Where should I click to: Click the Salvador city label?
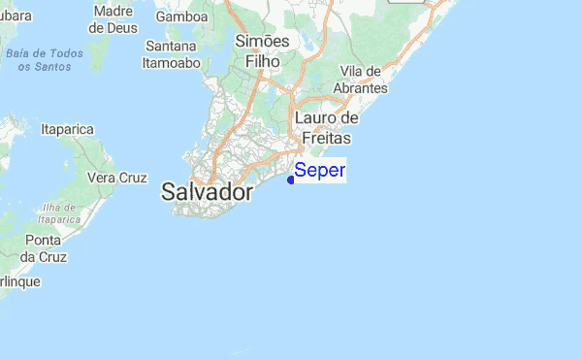207,191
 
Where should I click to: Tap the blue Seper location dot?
291,179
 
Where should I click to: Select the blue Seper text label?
319,171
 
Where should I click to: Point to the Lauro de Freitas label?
326,127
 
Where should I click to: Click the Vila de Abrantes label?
364,80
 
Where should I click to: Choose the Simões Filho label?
262,50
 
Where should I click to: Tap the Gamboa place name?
181,16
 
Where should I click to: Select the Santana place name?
171,46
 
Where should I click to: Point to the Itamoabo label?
171,62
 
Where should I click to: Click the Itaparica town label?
67,128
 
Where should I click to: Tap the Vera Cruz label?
116,178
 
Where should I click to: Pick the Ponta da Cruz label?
43,248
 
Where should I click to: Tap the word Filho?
262,61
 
